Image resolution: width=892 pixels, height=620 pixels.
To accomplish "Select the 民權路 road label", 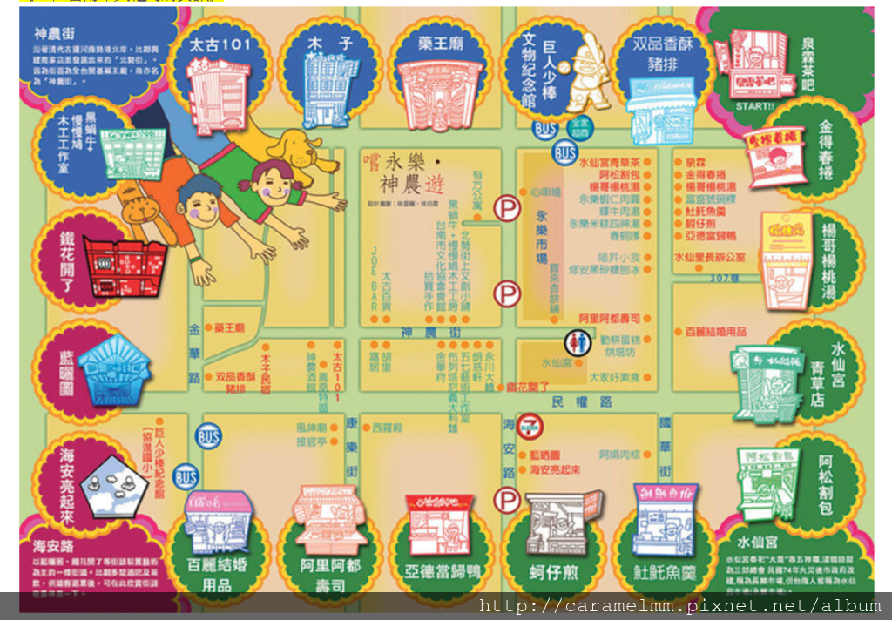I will click(581, 402).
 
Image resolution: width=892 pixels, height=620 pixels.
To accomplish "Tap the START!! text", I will click(754, 106).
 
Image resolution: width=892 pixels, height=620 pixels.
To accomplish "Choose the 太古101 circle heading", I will click(220, 43).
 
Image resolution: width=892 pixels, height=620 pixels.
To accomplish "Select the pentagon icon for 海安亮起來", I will click(111, 486).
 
